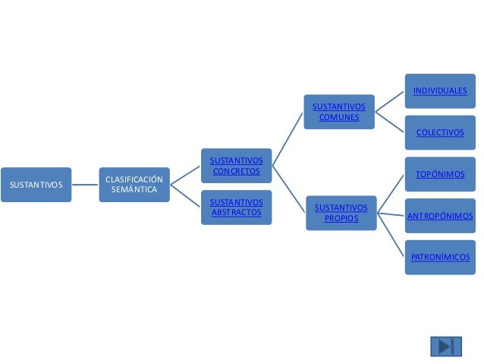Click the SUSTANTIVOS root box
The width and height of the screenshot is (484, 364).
point(36,184)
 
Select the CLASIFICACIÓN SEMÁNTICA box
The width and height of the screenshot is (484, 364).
point(134,184)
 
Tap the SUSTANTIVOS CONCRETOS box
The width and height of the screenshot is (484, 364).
point(236,166)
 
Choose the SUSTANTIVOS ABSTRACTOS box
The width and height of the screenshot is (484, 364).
point(236,207)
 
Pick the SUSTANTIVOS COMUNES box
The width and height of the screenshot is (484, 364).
point(338,112)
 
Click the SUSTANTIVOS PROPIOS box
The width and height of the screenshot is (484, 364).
point(341,213)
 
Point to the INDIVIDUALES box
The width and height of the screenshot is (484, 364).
point(440,91)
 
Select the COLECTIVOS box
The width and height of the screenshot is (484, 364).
point(440,132)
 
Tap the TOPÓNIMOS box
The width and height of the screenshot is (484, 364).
point(440,175)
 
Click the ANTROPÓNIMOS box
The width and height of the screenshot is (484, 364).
point(440,216)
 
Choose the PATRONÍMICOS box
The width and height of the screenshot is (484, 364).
point(440,257)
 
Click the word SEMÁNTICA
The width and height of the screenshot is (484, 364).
point(134,189)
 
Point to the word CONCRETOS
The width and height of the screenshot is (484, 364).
point(236,171)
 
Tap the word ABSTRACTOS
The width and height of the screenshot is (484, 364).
point(236,212)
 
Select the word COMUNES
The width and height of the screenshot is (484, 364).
point(338,117)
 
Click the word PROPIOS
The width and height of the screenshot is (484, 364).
point(341,218)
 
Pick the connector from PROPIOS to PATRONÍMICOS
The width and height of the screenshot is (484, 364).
point(391,236)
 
